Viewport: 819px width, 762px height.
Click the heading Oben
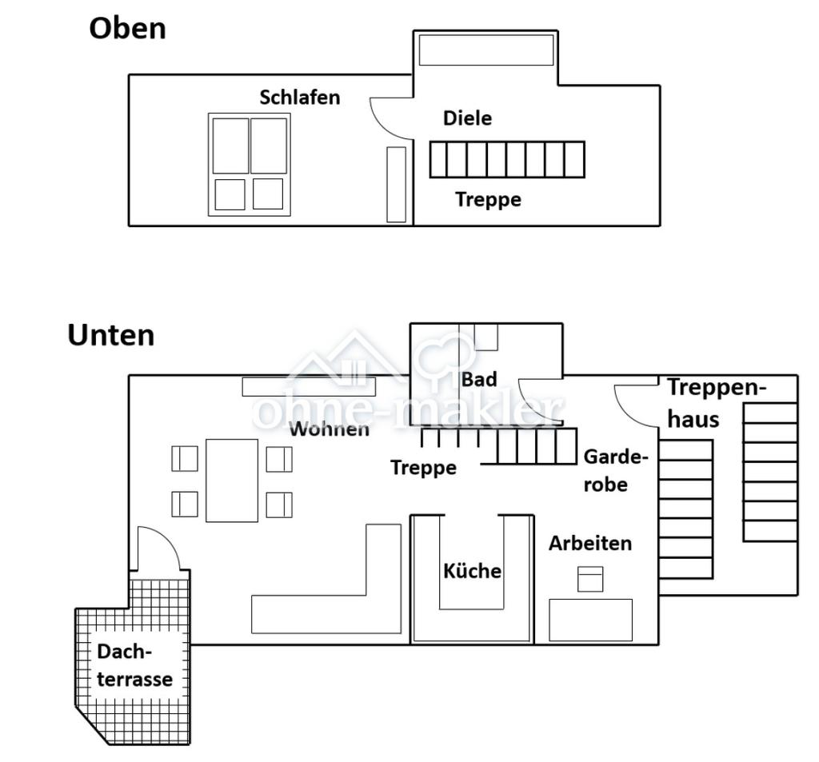127,28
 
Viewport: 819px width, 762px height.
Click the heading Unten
110,335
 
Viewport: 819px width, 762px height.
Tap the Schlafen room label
299,97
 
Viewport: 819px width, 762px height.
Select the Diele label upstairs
467,118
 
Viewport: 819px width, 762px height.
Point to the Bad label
479,380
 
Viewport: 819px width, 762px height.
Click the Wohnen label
329,429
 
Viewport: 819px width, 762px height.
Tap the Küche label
472,570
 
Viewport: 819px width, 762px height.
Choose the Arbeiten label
590,543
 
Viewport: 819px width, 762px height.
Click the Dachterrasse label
134,665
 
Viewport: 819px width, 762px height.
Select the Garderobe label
615,471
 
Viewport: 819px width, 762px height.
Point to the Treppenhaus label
717,403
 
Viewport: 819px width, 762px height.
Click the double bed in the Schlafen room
250,165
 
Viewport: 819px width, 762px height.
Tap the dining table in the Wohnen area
232,481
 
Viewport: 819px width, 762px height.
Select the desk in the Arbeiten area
591,620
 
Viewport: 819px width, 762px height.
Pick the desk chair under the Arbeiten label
590,579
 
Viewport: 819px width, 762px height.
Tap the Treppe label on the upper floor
488,200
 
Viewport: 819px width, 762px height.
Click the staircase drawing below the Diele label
507,159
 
